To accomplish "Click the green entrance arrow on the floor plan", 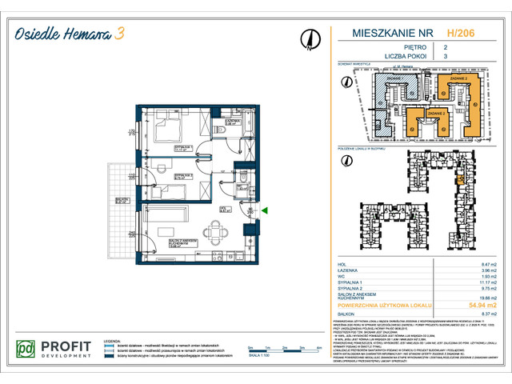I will pos(265,210).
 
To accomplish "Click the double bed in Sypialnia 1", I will pos(170,127).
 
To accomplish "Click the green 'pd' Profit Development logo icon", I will pos(27,349).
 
